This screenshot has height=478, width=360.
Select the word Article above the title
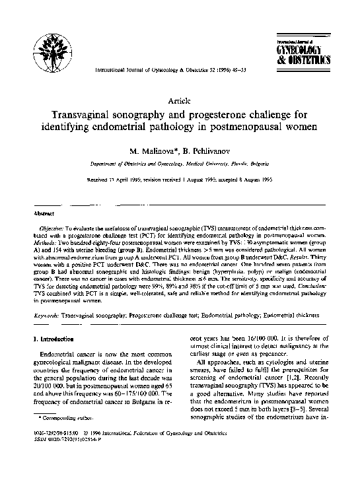(180, 100)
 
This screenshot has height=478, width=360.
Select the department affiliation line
(180, 164)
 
